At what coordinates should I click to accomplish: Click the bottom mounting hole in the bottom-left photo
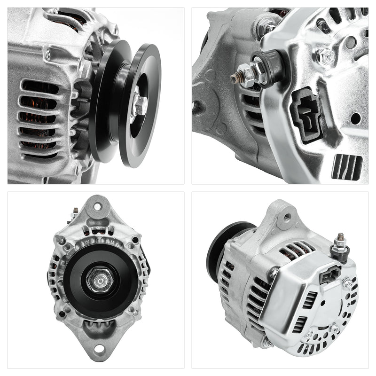coord(99,349)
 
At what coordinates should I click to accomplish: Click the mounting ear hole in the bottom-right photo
coord(287,217)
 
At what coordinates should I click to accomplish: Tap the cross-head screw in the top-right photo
coord(325,56)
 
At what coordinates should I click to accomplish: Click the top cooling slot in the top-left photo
coord(40,87)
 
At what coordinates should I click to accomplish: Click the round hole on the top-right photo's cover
coord(356,118)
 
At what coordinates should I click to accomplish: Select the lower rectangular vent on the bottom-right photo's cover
coord(302,324)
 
